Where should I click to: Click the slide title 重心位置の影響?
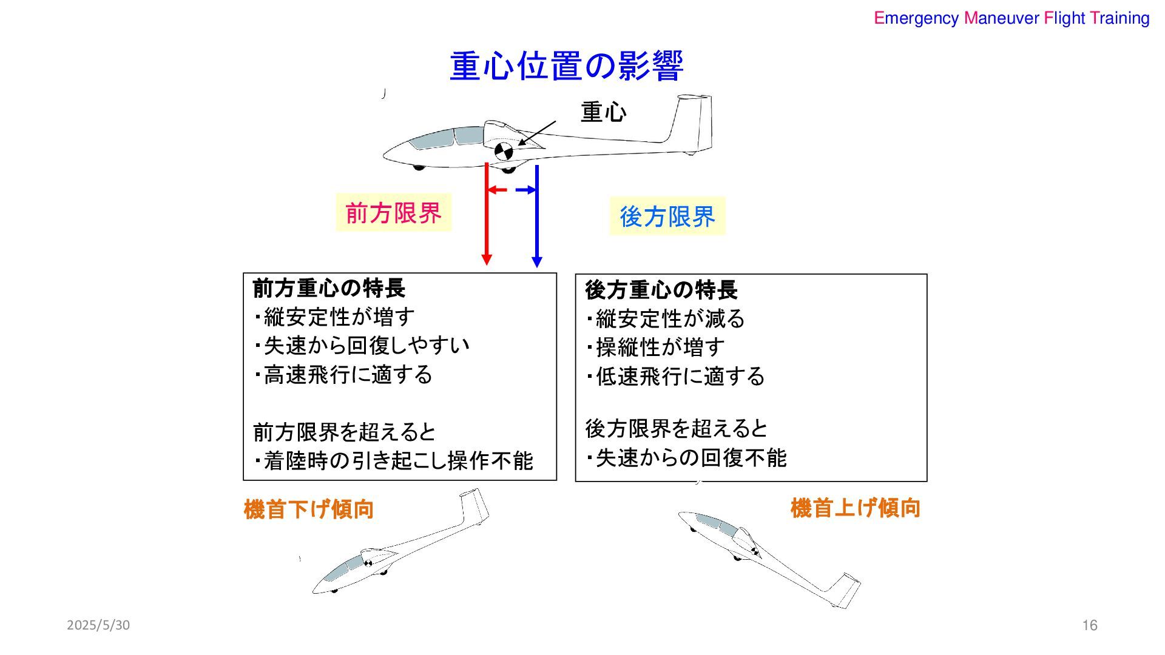(566, 66)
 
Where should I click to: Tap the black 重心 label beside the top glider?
(603, 113)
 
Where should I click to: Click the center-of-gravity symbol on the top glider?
(504, 151)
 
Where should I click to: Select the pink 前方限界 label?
(393, 213)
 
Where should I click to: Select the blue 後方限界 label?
(667, 217)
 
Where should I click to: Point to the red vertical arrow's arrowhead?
(486, 259)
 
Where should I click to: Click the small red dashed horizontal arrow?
(498, 190)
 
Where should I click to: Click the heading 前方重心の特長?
(329, 288)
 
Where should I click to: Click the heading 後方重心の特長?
(661, 290)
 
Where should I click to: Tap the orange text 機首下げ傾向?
(308, 509)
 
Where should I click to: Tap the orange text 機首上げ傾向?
(855, 508)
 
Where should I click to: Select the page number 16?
(1090, 625)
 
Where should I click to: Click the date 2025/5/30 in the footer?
(98, 625)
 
